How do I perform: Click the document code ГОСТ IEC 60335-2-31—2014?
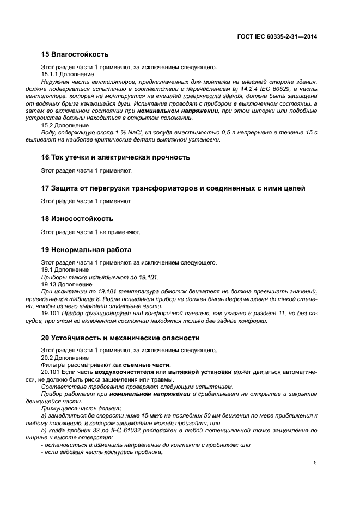click(278, 37)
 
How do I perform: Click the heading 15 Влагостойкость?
click(75, 54)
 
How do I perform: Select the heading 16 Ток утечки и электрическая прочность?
click(115, 157)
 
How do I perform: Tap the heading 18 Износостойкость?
click(77, 219)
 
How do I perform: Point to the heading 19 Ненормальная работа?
click(86, 250)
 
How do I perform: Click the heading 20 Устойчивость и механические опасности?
click(120, 338)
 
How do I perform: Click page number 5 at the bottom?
click(315, 463)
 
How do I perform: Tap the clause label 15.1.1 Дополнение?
click(68, 75)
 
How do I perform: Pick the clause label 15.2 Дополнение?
click(65, 125)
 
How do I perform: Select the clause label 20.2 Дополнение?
click(65, 358)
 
